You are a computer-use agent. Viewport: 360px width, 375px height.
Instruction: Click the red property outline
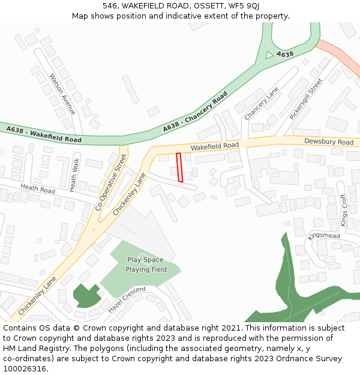pyautogui.click(x=179, y=167)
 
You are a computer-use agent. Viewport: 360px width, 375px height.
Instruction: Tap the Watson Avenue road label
pyautogui.click(x=63, y=95)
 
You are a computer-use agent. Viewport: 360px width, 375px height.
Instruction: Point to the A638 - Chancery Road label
pyautogui.click(x=195, y=112)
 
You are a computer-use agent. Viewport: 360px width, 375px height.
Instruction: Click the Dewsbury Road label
pyautogui.click(x=328, y=142)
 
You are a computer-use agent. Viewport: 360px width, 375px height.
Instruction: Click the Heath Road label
pyautogui.click(x=37, y=188)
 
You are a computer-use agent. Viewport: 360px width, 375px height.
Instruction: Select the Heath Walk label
pyautogui.click(x=74, y=175)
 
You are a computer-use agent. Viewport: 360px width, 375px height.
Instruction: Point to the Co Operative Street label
pyautogui.click(x=112, y=182)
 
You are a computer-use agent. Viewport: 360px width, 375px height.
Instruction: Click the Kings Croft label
pyautogui.click(x=344, y=210)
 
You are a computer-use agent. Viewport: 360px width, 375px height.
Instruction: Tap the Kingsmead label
pyautogui.click(x=324, y=236)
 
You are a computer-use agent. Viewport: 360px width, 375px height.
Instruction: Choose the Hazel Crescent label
pyautogui.click(x=127, y=300)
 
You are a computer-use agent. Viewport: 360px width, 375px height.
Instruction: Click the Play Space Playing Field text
pyautogui.click(x=146, y=265)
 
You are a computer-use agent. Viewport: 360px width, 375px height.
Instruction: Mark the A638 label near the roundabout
pyautogui.click(x=285, y=55)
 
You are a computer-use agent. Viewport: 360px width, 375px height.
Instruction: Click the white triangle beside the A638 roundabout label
pyautogui.click(x=269, y=55)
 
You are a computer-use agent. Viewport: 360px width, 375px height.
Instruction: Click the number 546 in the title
pyautogui.click(x=110, y=5)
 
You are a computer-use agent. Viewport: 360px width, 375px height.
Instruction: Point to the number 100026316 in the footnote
pyautogui.click(x=25, y=368)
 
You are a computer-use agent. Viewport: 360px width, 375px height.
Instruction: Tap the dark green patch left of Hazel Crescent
pyautogui.click(x=87, y=296)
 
